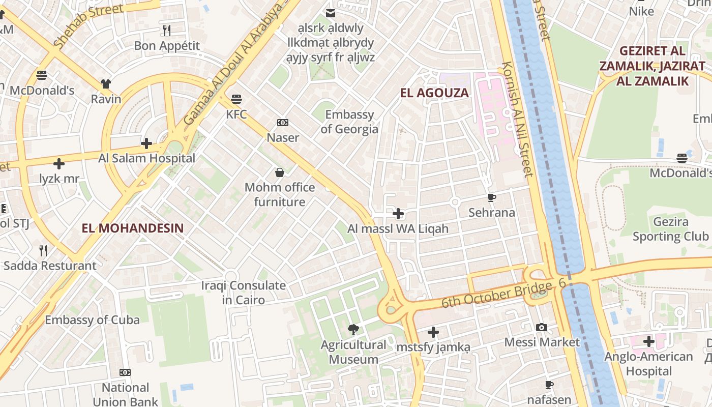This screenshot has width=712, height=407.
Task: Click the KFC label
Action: click(x=236, y=114)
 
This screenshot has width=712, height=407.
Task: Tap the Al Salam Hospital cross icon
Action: click(x=146, y=143)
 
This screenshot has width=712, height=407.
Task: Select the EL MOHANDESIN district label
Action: click(x=132, y=228)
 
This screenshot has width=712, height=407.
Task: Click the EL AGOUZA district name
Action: click(x=434, y=93)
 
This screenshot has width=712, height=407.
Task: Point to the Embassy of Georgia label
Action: click(x=349, y=122)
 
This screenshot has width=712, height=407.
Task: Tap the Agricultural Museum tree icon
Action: click(x=353, y=330)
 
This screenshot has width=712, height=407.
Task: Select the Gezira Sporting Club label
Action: click(x=670, y=229)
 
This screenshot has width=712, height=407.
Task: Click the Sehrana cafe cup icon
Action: click(x=491, y=198)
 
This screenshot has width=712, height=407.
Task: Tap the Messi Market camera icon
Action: click(x=542, y=327)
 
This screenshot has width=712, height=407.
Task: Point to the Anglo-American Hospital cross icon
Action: click(x=648, y=341)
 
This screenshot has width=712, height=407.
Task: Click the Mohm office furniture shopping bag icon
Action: click(x=279, y=172)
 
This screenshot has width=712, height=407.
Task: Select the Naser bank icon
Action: click(x=283, y=123)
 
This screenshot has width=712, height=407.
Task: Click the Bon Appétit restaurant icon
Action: click(x=167, y=31)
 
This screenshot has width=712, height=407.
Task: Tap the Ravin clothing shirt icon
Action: click(x=106, y=84)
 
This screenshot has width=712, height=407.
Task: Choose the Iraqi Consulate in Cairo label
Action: click(x=243, y=293)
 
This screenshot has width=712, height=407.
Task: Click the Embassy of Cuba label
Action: click(x=92, y=320)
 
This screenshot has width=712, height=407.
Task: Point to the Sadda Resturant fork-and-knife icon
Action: click(x=44, y=250)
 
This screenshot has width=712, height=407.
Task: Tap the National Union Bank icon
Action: click(x=125, y=372)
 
